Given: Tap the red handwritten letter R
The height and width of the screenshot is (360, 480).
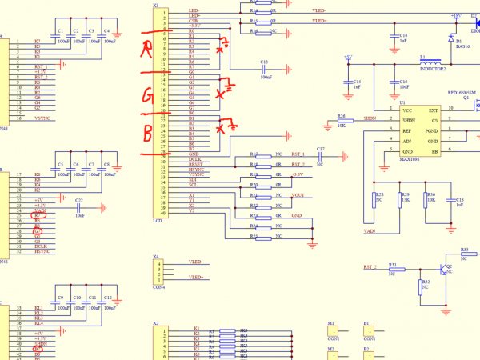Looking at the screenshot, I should [x=147, y=50].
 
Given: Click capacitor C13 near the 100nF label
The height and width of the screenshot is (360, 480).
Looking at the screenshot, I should [x=264, y=69].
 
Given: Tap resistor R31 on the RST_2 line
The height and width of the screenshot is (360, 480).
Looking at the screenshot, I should [x=392, y=270].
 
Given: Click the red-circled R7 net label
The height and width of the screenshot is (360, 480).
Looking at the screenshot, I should [x=38, y=215].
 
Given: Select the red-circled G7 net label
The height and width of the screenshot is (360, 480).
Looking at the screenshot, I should [x=38, y=231].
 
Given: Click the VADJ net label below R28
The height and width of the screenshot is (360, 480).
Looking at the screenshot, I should [x=370, y=231].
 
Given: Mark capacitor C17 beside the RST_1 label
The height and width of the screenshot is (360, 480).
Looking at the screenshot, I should [x=320, y=157].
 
